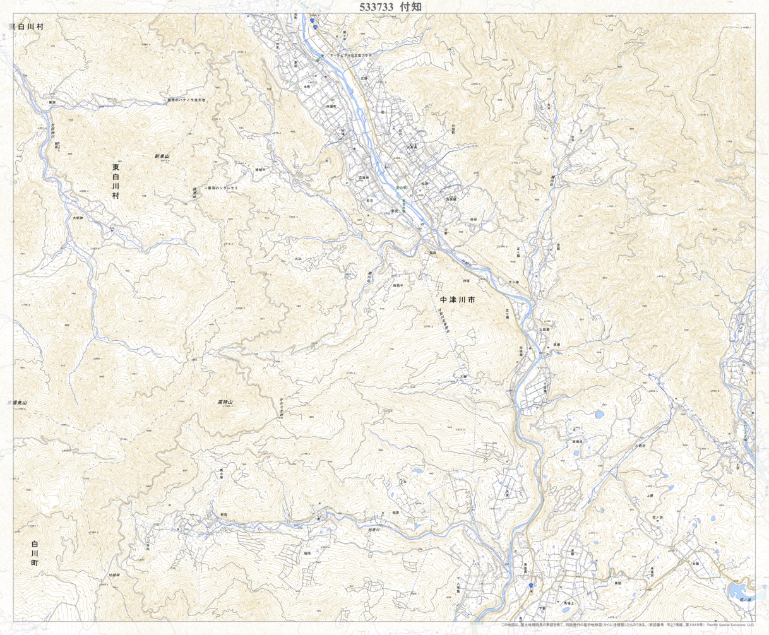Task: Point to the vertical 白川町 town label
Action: pyautogui.click(x=35, y=552)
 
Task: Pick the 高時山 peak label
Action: pyautogui.click(x=225, y=402)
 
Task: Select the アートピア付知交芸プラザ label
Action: pyautogui.click(x=357, y=56)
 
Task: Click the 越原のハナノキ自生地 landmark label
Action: pyautogui.click(x=187, y=100)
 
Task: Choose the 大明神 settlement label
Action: pyautogui.click(x=78, y=218)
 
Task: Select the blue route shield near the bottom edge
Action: pyautogui.click(x=531, y=586)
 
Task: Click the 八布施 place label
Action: pyautogui.click(x=470, y=585)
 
